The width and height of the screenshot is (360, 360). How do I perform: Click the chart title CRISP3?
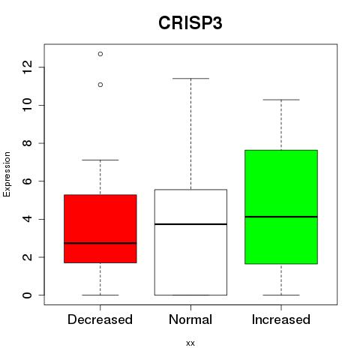tap(190, 23)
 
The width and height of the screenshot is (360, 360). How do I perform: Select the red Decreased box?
tap(100, 229)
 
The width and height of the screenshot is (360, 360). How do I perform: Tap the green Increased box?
tap(281, 207)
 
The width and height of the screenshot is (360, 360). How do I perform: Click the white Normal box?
tap(190, 242)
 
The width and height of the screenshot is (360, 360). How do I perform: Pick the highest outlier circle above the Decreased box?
tap(100, 54)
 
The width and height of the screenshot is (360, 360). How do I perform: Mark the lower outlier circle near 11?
tap(100, 85)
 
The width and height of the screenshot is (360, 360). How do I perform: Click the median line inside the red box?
tap(100, 243)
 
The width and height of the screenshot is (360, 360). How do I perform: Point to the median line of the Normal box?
tap(190, 224)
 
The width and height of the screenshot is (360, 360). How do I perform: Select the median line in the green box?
tap(281, 217)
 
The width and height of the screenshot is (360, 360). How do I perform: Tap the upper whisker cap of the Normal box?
tap(190, 79)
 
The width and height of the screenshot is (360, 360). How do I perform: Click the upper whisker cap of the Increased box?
tap(281, 100)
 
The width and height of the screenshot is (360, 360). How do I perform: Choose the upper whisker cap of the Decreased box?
tap(100, 160)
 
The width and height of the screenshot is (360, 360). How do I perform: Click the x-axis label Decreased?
tap(100, 319)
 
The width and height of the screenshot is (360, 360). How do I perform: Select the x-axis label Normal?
tap(190, 319)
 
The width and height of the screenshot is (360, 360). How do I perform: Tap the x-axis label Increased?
tap(281, 319)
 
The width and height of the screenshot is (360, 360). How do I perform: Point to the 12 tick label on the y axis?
tap(28, 67)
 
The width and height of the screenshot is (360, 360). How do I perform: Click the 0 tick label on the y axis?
tap(28, 295)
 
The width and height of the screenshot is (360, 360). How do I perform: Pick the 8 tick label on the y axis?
tap(28, 143)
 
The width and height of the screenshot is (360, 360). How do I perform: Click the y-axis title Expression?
tap(7, 174)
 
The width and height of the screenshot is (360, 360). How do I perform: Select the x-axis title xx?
tap(190, 343)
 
